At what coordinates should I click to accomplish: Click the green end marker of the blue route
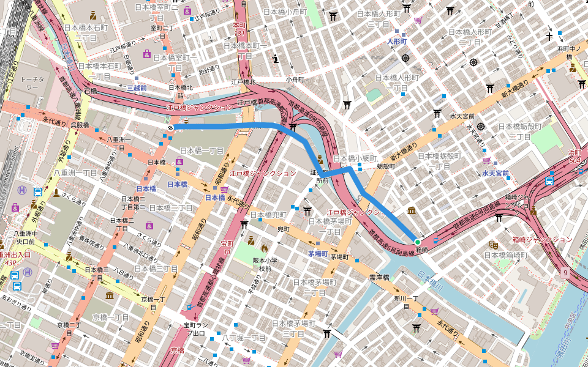(418, 242)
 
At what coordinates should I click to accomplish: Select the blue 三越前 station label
(136, 88)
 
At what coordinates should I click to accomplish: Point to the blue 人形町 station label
(397, 42)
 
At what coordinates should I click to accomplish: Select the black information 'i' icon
(276, 59)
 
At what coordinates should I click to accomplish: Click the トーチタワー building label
(32, 84)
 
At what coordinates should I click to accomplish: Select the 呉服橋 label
(80, 125)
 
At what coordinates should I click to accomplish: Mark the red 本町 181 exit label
(239, 29)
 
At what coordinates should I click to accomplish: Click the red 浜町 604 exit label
(574, 156)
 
